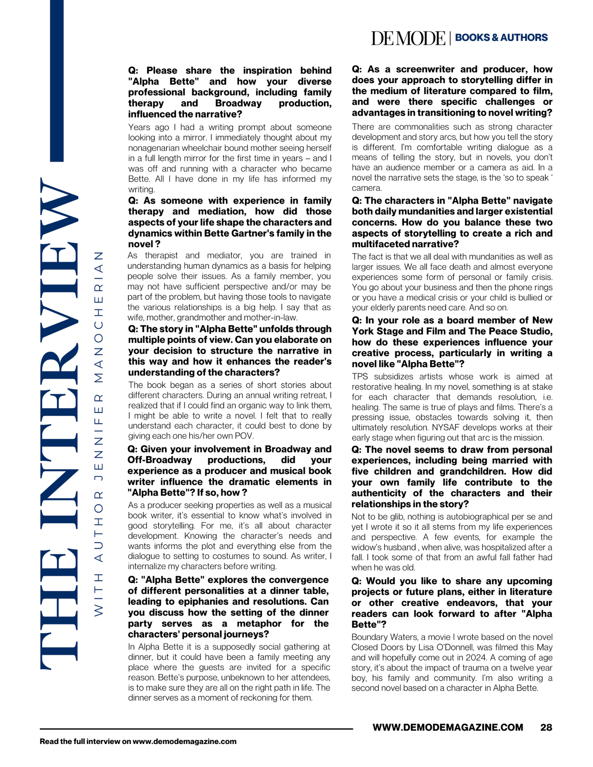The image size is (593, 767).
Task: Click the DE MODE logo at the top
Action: point(408,38)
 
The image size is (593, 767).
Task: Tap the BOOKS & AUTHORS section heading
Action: point(501,38)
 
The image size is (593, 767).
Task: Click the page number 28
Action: point(546,727)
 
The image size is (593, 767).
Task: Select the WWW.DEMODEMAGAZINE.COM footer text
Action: point(448,727)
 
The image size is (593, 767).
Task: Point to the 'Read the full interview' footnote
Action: point(138,741)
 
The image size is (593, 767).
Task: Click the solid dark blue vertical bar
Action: point(57,81)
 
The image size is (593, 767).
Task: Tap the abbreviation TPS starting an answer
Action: point(360,377)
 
